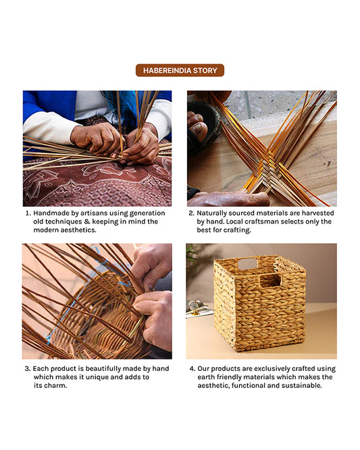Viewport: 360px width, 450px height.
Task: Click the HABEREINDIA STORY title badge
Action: coord(180,70)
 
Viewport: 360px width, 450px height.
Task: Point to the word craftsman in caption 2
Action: coord(276,222)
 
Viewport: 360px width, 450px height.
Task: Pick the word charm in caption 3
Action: coord(57,386)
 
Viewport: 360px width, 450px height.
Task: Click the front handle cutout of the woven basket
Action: coord(271,280)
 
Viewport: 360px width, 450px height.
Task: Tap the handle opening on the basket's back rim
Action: coord(247,264)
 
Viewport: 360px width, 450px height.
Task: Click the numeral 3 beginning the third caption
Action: coord(27,368)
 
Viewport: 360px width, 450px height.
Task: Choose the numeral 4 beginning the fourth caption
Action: coord(192,368)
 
